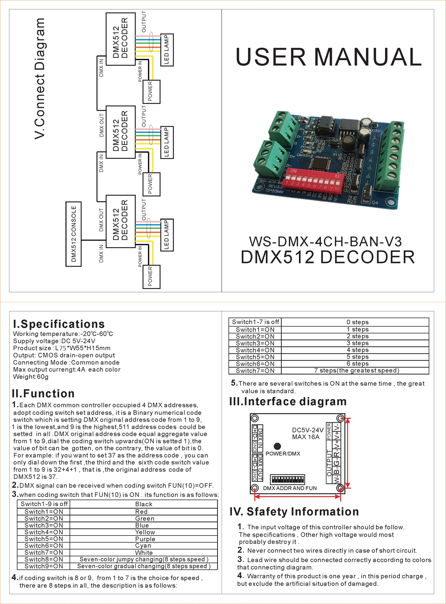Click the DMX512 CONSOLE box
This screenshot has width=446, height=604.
click(74, 234)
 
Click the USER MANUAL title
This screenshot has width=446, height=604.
click(329, 57)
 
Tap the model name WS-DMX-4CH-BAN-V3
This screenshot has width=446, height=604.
click(325, 242)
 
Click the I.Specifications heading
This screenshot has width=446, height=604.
click(59, 324)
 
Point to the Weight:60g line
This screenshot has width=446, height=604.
click(31, 377)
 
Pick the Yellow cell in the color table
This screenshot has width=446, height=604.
click(145, 532)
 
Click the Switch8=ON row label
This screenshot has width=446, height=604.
click(44, 559)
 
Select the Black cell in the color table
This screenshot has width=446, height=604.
click(143, 504)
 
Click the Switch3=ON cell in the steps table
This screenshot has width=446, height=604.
click(255, 343)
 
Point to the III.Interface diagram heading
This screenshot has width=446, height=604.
click(288, 402)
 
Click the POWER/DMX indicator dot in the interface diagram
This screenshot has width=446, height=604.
click(277, 446)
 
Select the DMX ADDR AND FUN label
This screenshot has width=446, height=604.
click(290, 488)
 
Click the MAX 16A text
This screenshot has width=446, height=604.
click(306, 437)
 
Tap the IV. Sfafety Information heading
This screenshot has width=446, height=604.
click(294, 512)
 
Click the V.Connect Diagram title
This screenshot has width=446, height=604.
click(40, 79)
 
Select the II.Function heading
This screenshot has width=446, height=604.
click(43, 394)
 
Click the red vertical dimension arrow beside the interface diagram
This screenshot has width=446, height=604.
click(348, 453)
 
